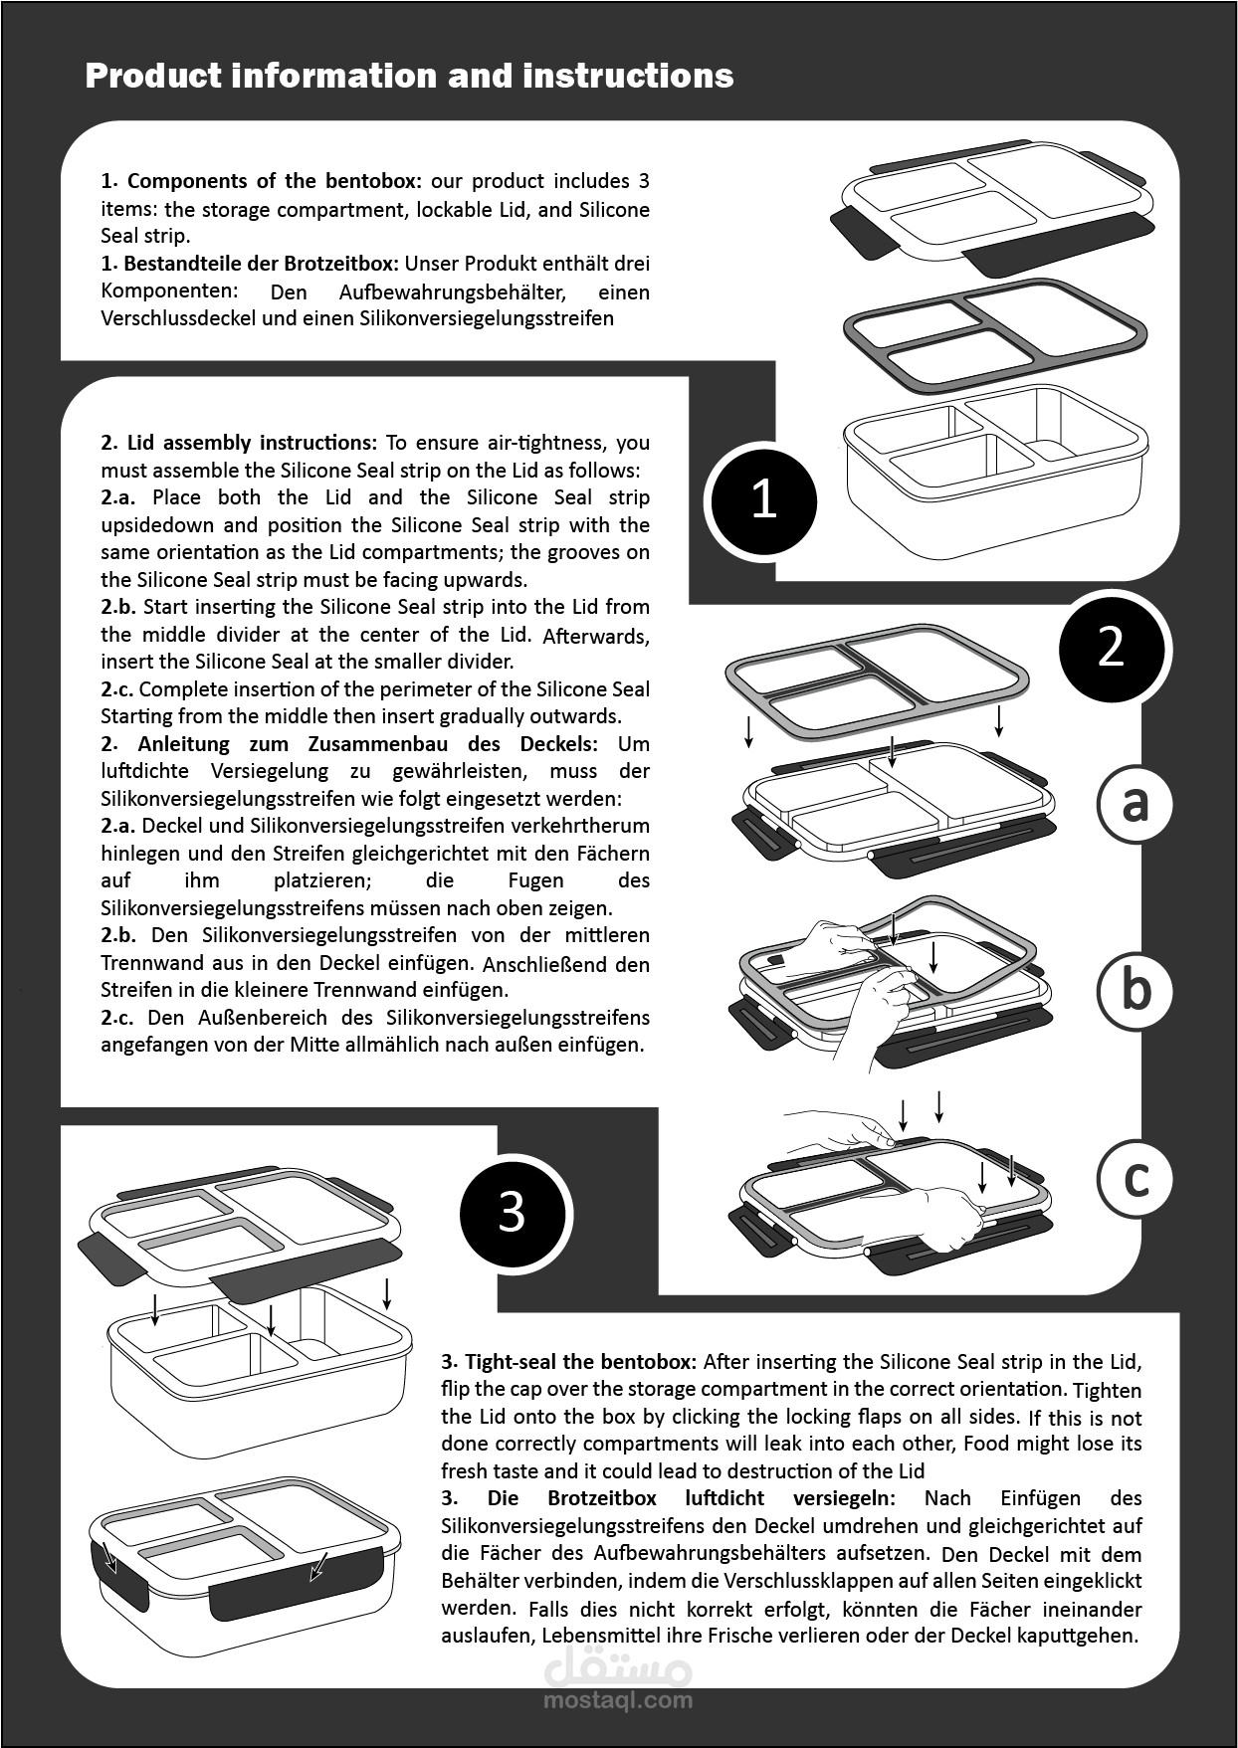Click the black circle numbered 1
point(762,500)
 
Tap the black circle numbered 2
point(1111,648)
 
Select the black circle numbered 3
point(512,1213)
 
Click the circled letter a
point(1135,804)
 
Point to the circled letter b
point(1135,991)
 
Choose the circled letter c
point(1135,1179)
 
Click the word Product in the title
point(150,76)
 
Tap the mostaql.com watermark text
point(618,1699)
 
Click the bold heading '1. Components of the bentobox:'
point(262,181)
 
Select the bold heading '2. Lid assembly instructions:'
point(239,443)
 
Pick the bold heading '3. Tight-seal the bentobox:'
point(571,1361)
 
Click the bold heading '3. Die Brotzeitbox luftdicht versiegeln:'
point(669,1498)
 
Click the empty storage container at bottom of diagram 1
point(995,468)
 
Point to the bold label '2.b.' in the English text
point(117,607)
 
